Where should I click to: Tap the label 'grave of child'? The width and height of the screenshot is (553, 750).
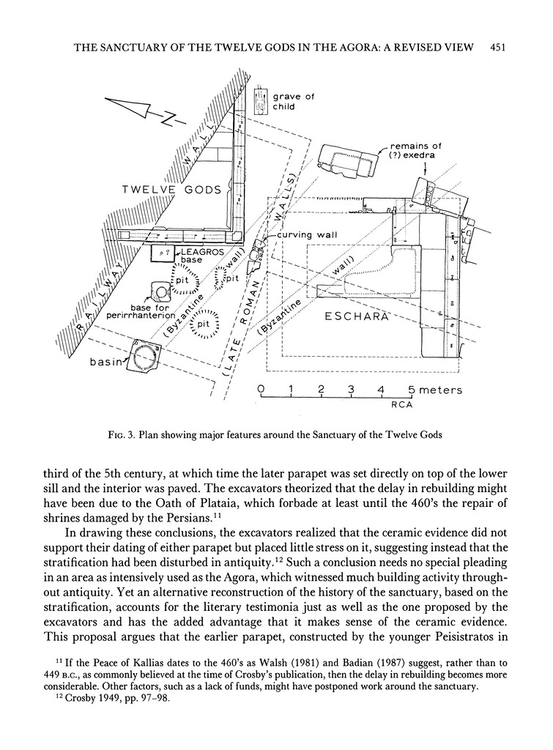click(x=293, y=101)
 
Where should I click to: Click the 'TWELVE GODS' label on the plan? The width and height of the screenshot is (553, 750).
click(x=171, y=190)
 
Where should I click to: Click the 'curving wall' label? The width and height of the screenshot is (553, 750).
click(x=301, y=234)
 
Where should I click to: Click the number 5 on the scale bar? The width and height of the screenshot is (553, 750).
click(x=412, y=390)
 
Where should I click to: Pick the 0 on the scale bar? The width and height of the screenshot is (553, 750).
click(x=261, y=390)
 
